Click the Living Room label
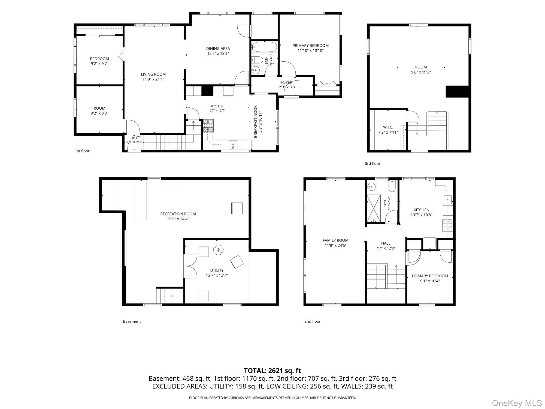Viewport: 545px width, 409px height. (153, 74)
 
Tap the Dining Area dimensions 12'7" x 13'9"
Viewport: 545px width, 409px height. (218, 54)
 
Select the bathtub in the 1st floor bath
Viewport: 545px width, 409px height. (264, 47)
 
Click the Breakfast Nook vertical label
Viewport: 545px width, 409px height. (256, 122)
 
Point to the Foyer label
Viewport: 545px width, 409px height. (286, 82)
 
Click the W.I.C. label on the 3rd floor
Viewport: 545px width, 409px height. (388, 127)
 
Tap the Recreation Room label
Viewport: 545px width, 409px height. (178, 214)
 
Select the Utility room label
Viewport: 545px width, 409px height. (217, 270)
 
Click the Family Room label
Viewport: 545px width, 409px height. (335, 240)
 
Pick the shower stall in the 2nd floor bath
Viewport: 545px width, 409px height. (374, 208)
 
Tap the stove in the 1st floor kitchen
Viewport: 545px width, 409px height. (208, 126)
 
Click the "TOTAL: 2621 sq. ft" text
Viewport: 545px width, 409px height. (272, 371)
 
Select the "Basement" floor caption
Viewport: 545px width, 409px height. (132, 321)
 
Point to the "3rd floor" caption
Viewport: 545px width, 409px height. (373, 164)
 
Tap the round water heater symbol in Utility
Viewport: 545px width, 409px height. (218, 250)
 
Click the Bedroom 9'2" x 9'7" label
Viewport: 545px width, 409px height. (99, 61)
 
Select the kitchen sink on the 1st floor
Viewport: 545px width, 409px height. (233, 144)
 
